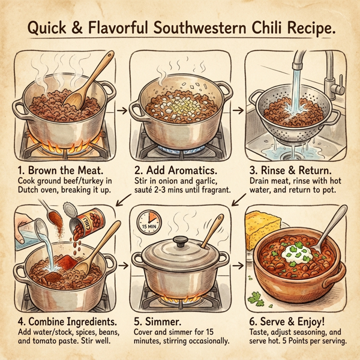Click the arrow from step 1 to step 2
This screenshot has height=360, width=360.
[x=121, y=111]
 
